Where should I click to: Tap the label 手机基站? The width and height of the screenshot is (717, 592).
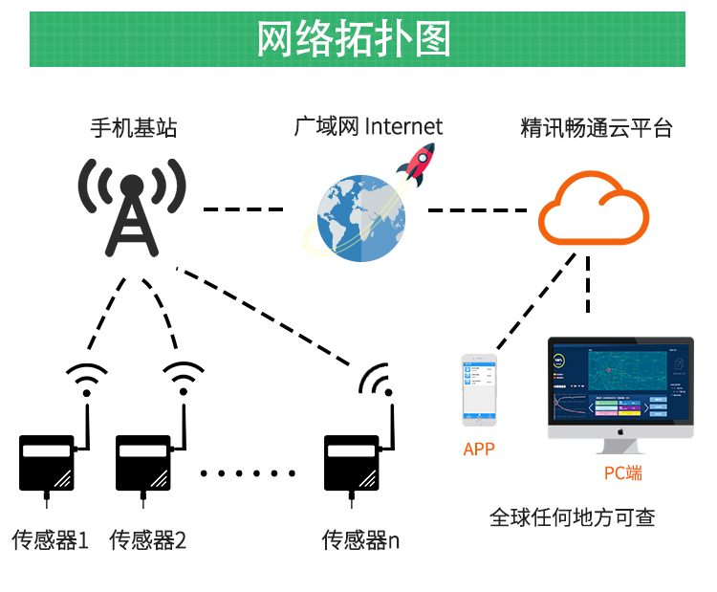(x=134, y=127)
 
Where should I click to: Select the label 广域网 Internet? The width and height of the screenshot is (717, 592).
(x=368, y=126)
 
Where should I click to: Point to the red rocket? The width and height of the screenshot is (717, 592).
(x=418, y=164)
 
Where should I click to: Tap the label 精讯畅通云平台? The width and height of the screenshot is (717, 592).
(x=597, y=127)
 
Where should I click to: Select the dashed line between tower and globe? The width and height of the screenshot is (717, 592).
(x=243, y=208)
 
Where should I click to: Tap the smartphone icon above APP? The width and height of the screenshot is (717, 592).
(x=479, y=390)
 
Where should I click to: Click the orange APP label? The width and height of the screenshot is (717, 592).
(x=479, y=449)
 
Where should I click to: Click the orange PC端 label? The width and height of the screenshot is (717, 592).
(x=622, y=472)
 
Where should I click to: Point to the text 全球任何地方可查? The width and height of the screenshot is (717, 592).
(x=573, y=517)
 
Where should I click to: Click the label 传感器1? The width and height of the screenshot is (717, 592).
(x=50, y=540)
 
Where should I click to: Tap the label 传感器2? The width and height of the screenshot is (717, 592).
(x=147, y=540)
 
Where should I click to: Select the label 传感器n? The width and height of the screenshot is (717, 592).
(x=360, y=540)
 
